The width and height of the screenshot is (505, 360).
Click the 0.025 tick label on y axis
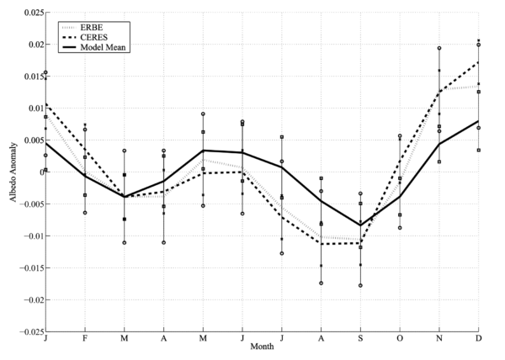pyautogui.click(x=31, y=13)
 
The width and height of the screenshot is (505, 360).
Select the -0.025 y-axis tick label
pyautogui.click(x=29, y=331)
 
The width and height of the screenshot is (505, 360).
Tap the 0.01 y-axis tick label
pyautogui.click(x=34, y=109)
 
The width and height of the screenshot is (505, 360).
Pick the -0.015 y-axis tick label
pyautogui.click(x=29, y=267)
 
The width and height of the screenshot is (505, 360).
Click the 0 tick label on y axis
pyautogui.click(x=40, y=172)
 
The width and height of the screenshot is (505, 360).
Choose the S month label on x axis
pyautogui.click(x=360, y=338)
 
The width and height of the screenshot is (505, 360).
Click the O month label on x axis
pyautogui.click(x=400, y=338)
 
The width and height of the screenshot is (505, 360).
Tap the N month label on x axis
pyautogui.click(x=439, y=338)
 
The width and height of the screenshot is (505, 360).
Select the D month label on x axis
pyautogui.click(x=478, y=338)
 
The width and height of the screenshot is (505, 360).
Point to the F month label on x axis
pyautogui.click(x=85, y=338)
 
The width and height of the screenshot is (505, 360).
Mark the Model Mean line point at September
pyautogui.click(x=360, y=225)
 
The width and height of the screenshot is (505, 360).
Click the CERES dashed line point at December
pyautogui.click(x=479, y=62)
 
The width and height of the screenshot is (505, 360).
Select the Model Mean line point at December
pyautogui.click(x=479, y=121)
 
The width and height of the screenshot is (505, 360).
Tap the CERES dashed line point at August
pyautogui.click(x=321, y=243)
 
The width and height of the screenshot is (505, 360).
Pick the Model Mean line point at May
pyautogui.click(x=203, y=151)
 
